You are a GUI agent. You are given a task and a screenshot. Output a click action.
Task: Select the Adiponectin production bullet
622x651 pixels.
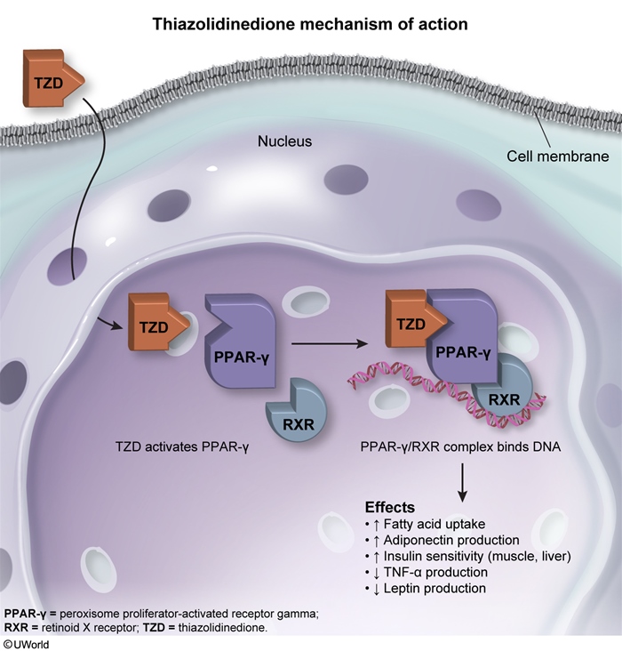click(435, 541)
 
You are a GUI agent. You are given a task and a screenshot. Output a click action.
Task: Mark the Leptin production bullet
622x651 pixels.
click(419, 588)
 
